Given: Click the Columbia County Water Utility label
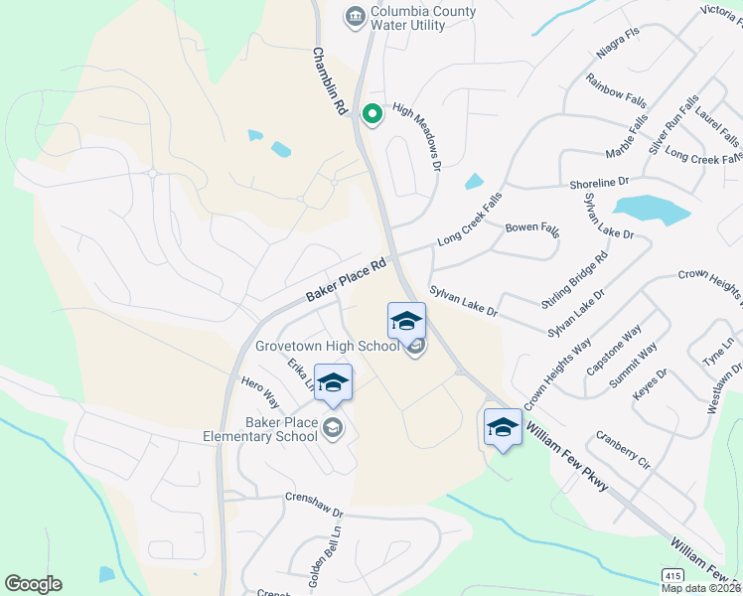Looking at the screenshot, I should point(422,18).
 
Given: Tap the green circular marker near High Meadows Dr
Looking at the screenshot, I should point(372,115).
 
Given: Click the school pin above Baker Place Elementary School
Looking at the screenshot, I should point(334,383).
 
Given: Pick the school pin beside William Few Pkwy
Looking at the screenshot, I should point(503,428).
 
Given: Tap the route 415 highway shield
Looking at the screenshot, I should point(672,576).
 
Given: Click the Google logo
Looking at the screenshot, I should point(33,584).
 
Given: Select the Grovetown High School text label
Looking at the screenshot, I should point(327,347).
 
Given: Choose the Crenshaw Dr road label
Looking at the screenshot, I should point(313,504).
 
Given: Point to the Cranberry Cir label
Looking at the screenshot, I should point(623,450).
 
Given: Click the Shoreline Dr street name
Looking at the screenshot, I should point(600,183).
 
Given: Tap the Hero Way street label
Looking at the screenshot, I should point(260,391).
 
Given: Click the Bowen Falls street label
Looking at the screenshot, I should point(532,228).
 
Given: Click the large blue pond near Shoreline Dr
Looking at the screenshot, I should point(651,210).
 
